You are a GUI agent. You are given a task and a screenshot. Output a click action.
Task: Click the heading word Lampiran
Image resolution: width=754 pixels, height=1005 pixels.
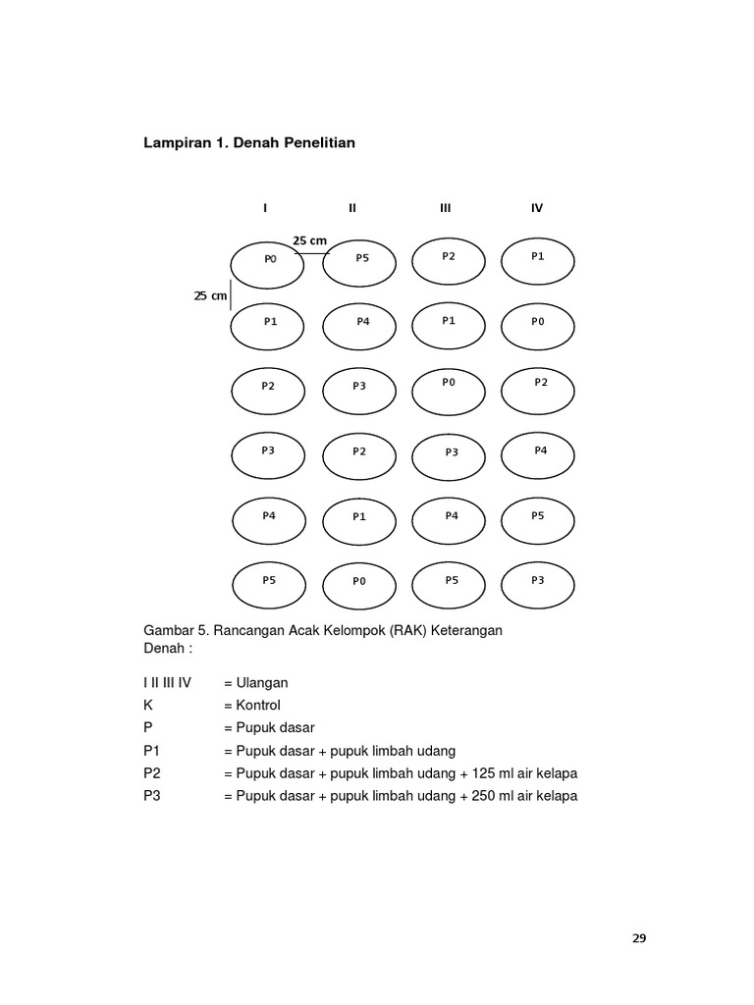click(177, 143)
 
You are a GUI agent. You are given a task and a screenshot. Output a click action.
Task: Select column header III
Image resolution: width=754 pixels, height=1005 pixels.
click(446, 208)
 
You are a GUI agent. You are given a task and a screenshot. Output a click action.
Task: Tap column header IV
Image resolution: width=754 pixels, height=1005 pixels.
click(537, 208)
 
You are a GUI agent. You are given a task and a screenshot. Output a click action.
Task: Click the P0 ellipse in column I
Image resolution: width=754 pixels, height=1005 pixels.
click(267, 264)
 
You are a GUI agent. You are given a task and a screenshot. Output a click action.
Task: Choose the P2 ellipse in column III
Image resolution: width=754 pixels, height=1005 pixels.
click(449, 260)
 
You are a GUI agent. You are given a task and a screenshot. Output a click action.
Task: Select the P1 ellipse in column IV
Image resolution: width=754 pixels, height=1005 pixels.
click(537, 260)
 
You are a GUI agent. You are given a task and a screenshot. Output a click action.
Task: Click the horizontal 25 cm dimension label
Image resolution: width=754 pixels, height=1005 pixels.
click(309, 241)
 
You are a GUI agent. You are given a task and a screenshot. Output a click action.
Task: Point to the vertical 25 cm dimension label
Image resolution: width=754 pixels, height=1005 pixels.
click(210, 295)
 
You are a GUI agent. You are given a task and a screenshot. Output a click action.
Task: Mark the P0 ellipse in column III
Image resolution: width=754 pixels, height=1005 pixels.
click(449, 388)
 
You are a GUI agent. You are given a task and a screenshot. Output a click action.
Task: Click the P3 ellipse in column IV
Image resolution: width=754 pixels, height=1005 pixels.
click(537, 585)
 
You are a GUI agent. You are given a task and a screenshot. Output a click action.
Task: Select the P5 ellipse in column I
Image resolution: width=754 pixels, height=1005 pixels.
click(268, 585)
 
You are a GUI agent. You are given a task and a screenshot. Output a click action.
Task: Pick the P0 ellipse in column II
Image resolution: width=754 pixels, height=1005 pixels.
click(360, 585)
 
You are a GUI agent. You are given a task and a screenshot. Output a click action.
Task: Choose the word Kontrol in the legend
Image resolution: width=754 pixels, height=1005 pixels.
click(258, 705)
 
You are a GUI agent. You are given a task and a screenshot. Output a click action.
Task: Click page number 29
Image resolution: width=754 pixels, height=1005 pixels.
click(639, 938)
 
